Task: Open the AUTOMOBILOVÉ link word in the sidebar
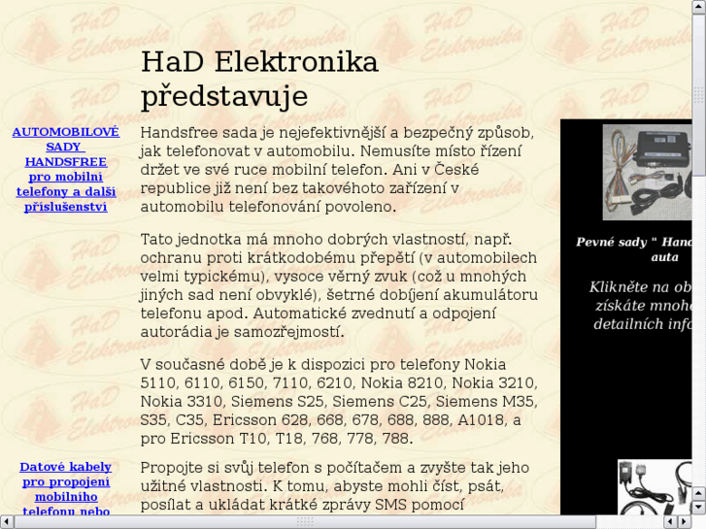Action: point(65,132)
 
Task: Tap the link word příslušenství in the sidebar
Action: point(65,207)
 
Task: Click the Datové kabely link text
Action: point(65,467)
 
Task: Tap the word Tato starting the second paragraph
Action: point(159,239)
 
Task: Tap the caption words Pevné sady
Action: point(610,242)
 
